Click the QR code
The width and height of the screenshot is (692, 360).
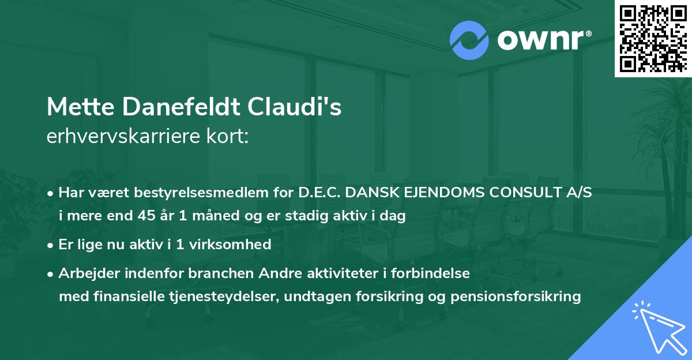click(652, 38)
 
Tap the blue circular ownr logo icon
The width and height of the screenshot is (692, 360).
click(469, 40)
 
